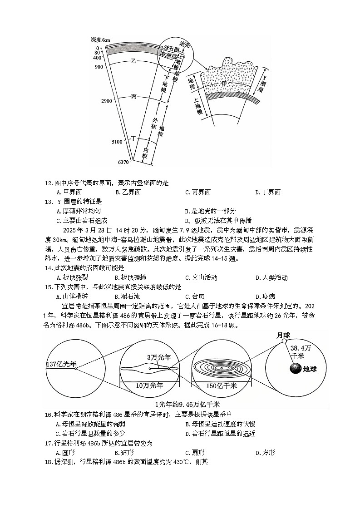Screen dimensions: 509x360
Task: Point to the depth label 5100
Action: [x=117, y=142]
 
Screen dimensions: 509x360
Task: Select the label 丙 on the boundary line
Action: [x=133, y=97]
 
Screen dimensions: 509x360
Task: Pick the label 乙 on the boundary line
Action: [x=133, y=61]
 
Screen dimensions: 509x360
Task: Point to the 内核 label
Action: [x=145, y=153]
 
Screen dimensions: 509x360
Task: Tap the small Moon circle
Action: [x=285, y=341]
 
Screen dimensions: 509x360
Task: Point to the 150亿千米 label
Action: [x=222, y=386]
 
